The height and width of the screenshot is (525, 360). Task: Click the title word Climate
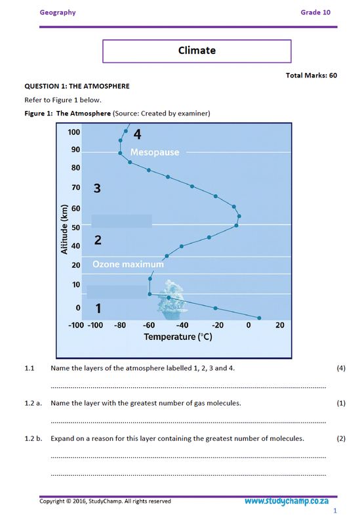tap(197, 51)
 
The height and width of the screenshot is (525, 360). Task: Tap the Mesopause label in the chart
tap(155, 152)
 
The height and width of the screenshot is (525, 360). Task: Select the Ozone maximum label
tap(127, 264)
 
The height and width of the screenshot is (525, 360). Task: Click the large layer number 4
tap(137, 135)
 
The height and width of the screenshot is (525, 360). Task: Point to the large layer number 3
tap(97, 189)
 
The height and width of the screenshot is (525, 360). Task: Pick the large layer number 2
tap(98, 240)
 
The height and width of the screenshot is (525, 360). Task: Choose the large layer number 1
tap(98, 308)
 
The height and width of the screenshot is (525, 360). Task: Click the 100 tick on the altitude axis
tap(74, 132)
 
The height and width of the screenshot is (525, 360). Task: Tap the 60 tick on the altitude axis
tap(76, 209)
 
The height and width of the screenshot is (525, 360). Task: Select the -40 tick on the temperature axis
tap(182, 325)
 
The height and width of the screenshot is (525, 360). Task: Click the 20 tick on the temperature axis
tap(279, 325)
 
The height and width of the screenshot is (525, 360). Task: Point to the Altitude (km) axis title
tap(65, 230)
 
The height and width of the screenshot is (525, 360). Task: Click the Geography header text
tap(58, 12)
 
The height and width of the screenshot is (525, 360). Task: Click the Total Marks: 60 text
tap(311, 75)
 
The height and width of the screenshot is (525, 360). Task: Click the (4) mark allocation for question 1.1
tap(340, 367)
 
